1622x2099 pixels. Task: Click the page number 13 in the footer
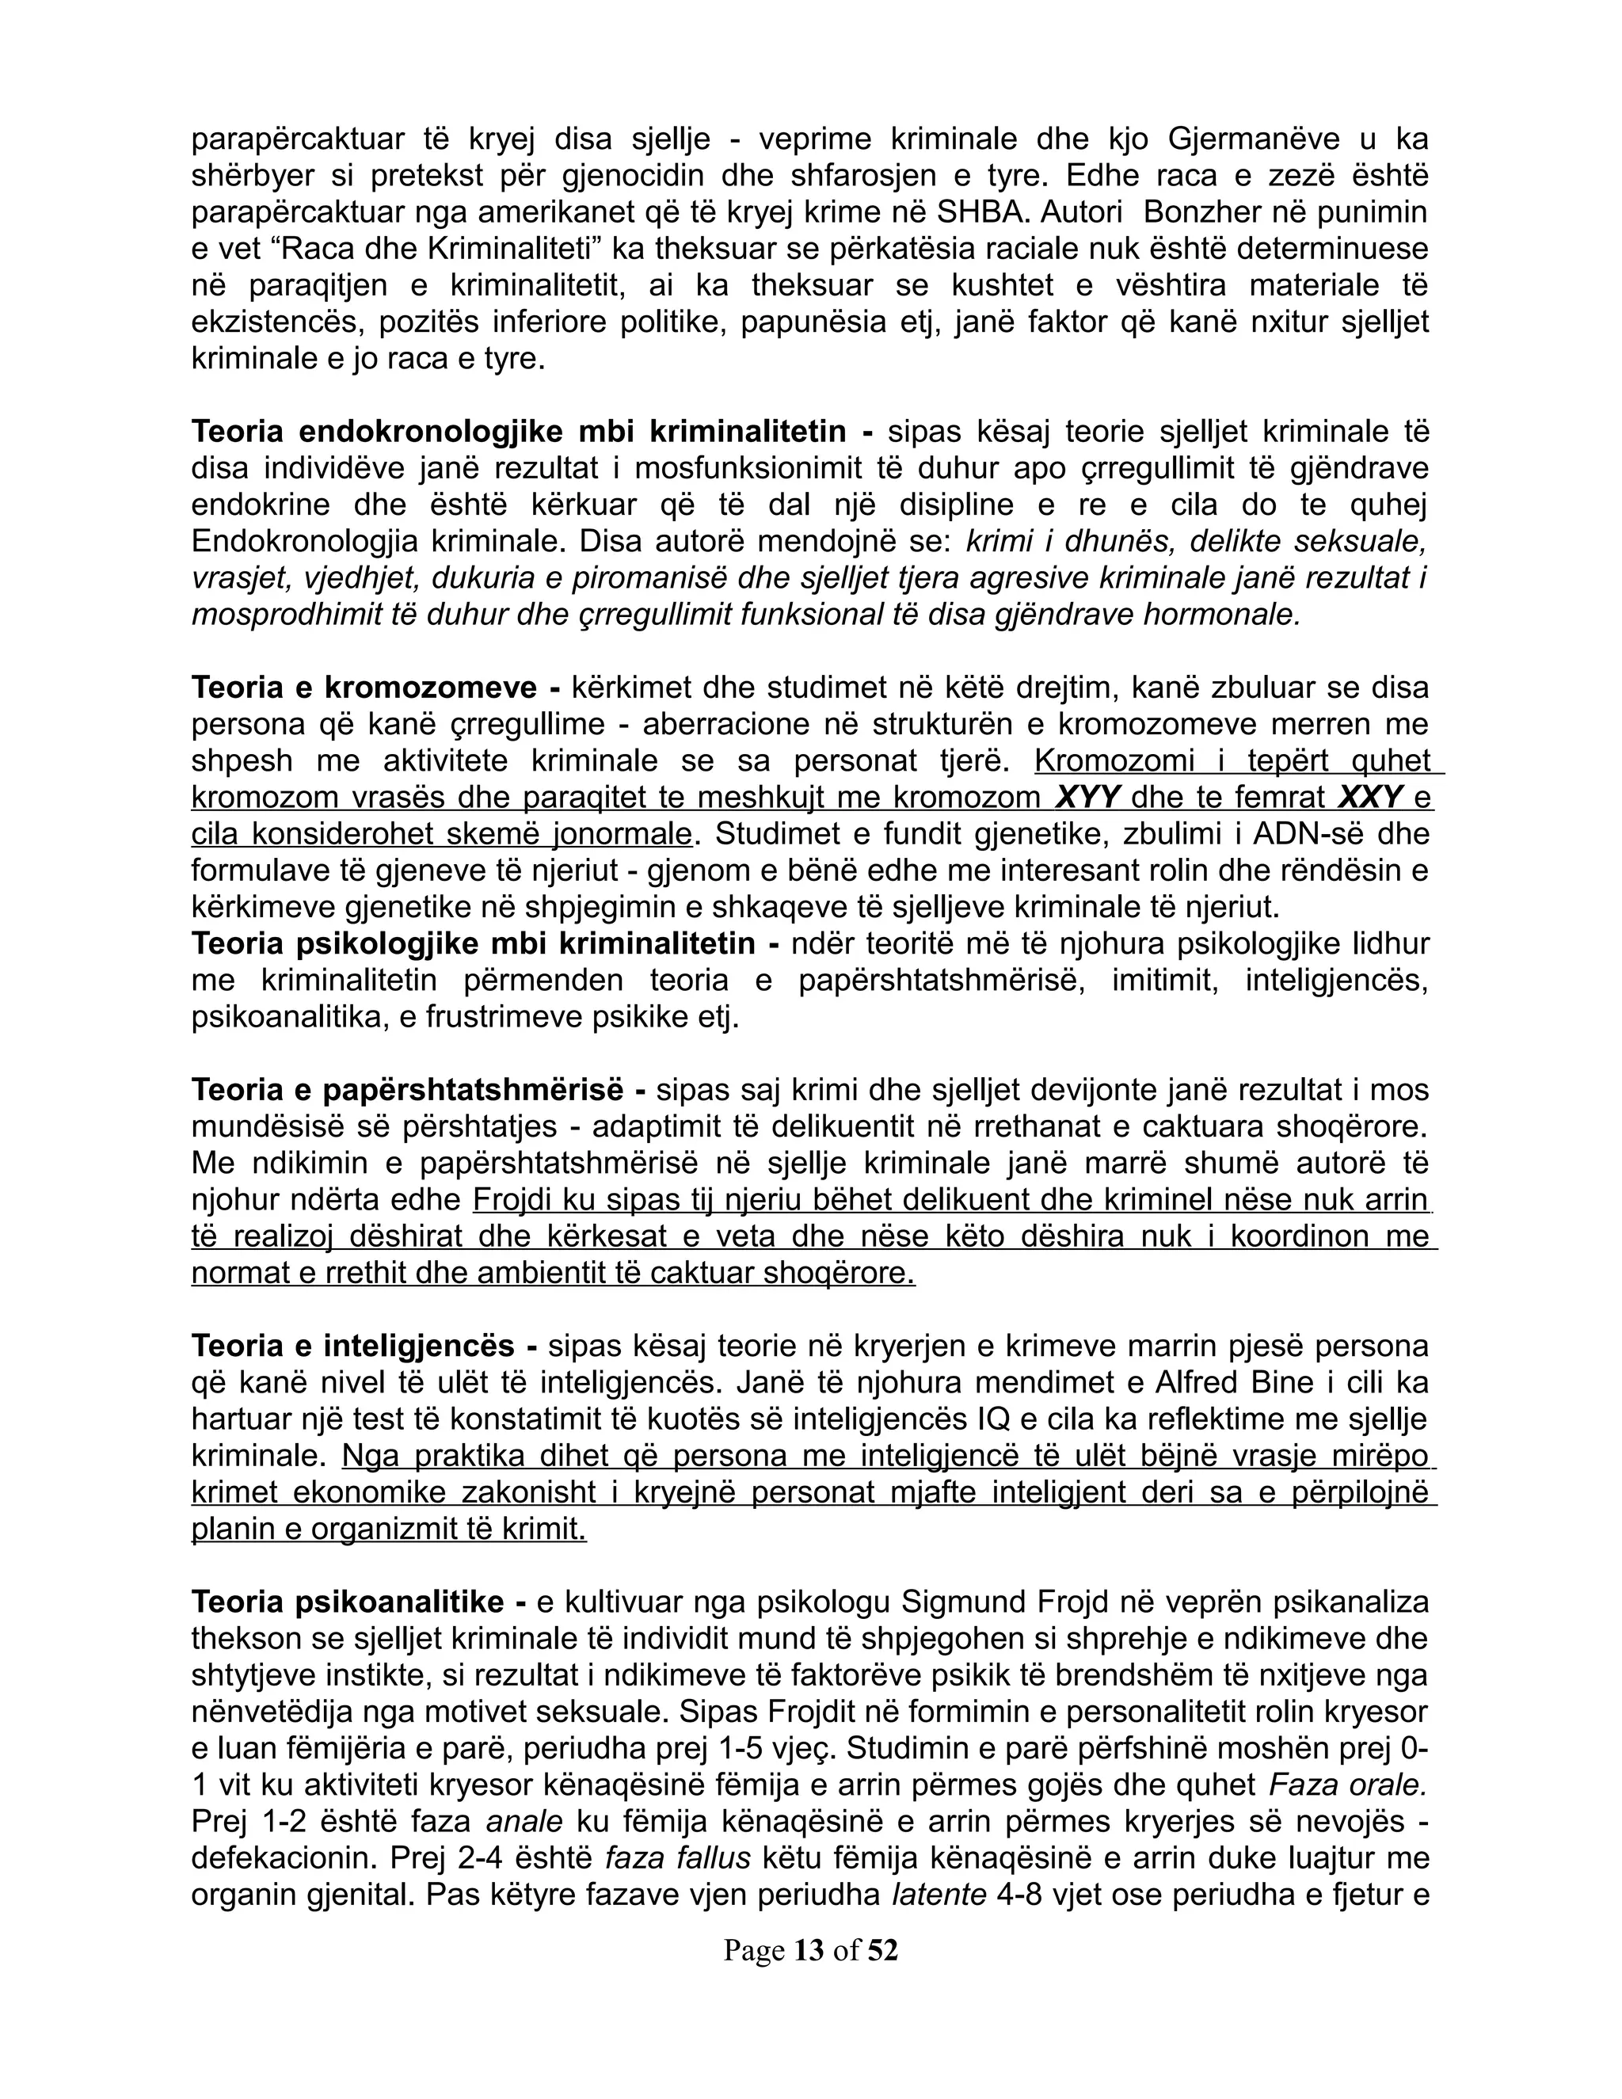tap(809, 1950)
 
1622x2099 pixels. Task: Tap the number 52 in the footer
tap(881, 1950)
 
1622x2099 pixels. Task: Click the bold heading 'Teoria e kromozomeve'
tap(364, 688)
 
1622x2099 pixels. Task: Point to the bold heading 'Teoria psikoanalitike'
tap(348, 1602)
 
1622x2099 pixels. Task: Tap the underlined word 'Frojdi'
tap(518, 1200)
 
